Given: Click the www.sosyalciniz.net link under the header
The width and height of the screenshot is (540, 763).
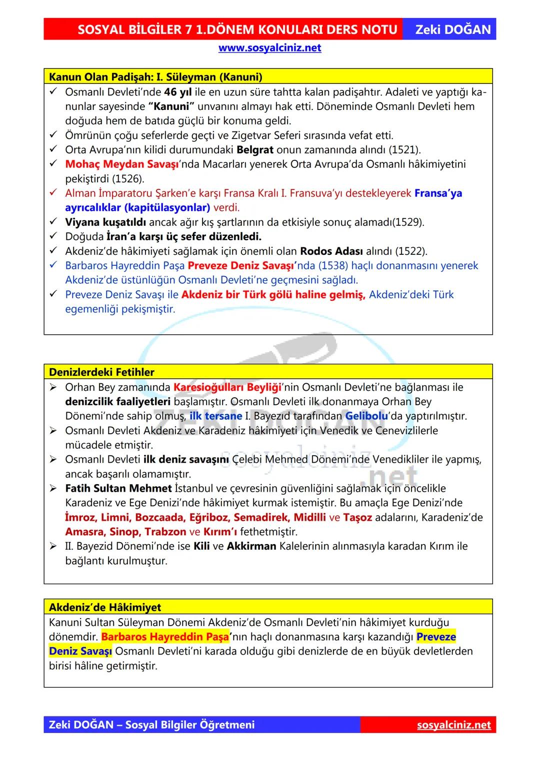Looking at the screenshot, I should click(269, 48).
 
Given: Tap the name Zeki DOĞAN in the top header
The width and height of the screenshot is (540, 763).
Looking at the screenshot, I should click(453, 29).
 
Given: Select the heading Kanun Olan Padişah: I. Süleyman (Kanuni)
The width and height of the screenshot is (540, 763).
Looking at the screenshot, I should click(155, 77).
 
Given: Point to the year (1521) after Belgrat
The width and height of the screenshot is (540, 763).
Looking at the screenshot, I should click(404, 150).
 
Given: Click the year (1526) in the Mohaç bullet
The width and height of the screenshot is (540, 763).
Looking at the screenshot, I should click(127, 179).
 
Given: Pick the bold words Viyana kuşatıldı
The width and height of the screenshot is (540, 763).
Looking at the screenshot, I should click(105, 222).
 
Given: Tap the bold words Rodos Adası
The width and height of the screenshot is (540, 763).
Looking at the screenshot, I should click(331, 251).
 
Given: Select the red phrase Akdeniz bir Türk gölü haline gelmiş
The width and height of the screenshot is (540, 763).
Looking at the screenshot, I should click(273, 295).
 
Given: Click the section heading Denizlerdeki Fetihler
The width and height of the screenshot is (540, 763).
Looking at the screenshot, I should click(101, 372).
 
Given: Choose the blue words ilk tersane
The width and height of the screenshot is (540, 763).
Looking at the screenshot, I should click(215, 416).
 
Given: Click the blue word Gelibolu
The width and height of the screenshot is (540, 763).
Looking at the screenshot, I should click(366, 416).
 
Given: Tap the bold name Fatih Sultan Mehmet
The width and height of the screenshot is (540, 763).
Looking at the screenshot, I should click(118, 489).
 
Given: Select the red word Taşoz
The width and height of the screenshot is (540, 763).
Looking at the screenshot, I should click(357, 518).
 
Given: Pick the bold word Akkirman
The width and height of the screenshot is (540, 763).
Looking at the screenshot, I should click(251, 547).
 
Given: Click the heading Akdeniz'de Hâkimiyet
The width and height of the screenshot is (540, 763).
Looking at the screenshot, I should click(105, 608).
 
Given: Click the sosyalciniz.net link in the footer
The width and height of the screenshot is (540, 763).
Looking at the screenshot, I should click(453, 725).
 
